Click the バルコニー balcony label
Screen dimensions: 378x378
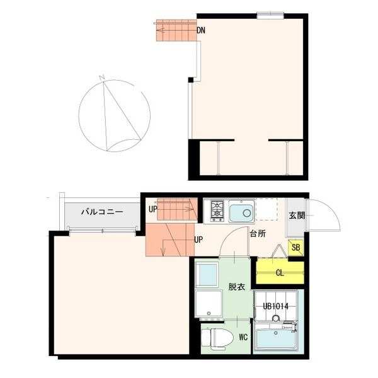point(101,213)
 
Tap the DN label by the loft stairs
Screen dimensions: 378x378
point(201,30)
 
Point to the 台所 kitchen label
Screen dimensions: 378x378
point(257,234)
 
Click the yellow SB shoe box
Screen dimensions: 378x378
point(295,248)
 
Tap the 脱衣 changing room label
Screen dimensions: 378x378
point(237,287)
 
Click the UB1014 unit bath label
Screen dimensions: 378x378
point(275,307)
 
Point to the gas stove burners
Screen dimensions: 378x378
point(217,211)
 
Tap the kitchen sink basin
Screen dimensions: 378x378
point(241,212)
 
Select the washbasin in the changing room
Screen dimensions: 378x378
point(207,274)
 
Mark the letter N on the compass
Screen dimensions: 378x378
point(101,79)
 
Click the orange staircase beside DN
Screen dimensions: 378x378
point(175,29)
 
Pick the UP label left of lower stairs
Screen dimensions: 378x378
point(152,209)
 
